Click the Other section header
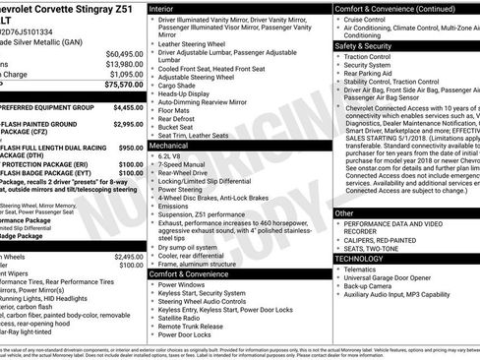click(x=344, y=212)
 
